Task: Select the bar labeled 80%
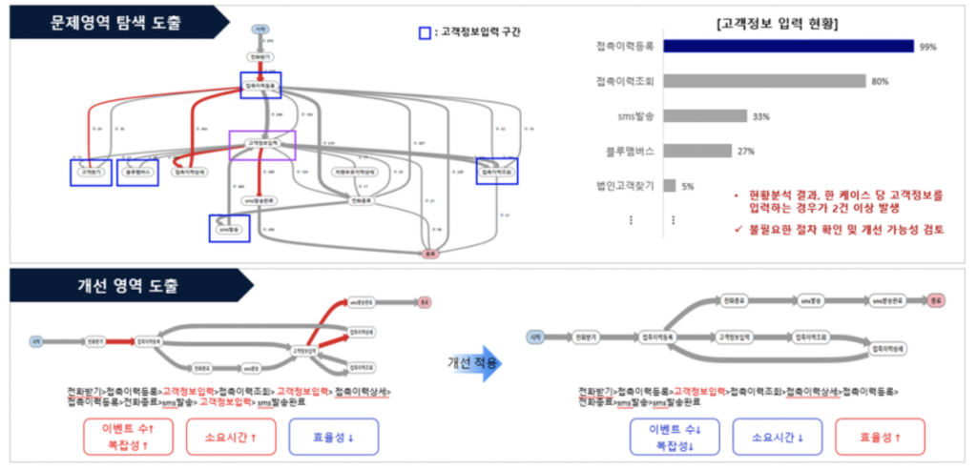click(764, 81)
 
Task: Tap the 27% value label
click(746, 151)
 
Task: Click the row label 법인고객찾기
click(625, 186)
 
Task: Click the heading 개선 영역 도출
click(125, 283)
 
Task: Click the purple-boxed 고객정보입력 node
click(262, 144)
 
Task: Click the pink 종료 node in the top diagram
click(430, 255)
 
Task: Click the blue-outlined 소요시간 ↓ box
click(780, 437)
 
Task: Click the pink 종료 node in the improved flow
click(937, 299)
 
